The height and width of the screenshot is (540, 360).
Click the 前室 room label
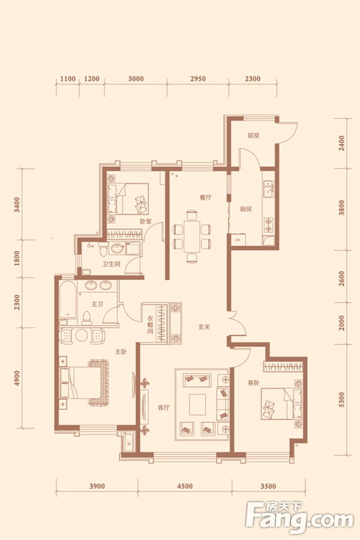(253, 136)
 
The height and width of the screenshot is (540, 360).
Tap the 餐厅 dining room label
(206, 197)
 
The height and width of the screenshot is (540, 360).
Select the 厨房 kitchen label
(245, 209)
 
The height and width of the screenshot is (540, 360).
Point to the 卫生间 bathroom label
(111, 264)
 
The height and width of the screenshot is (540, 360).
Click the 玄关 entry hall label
(204, 327)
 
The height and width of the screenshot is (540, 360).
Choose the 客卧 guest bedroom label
(254, 383)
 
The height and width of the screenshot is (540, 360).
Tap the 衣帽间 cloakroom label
(150, 325)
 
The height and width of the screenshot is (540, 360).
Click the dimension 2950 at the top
(198, 79)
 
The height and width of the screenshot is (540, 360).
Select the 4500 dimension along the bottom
(185, 486)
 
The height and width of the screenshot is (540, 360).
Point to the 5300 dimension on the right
(341, 400)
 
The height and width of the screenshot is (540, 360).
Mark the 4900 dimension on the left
(17, 378)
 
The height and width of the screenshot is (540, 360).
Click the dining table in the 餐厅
(192, 237)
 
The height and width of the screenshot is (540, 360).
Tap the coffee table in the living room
(197, 404)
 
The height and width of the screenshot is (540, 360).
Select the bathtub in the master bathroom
(68, 301)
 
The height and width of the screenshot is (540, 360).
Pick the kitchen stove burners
(268, 224)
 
